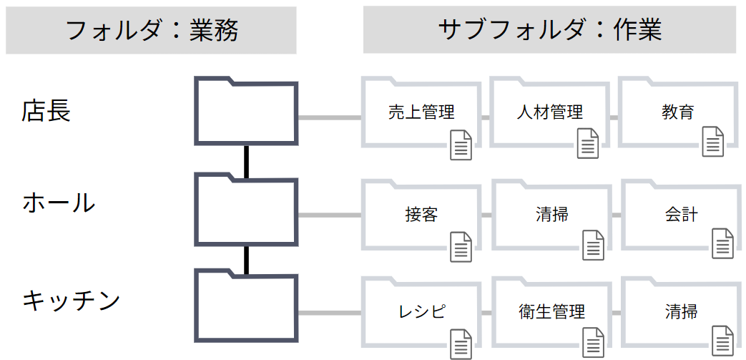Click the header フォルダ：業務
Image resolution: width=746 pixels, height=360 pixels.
(x=151, y=30)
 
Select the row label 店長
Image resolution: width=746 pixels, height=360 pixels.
(x=46, y=111)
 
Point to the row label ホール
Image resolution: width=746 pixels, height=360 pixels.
(x=59, y=203)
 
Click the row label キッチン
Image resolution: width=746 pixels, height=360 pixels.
(x=71, y=300)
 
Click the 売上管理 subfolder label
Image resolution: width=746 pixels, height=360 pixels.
(x=421, y=112)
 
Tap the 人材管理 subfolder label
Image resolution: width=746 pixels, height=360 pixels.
(x=549, y=112)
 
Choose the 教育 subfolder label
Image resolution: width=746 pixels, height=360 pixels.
(x=678, y=112)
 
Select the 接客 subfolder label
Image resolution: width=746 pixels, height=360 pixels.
(x=421, y=214)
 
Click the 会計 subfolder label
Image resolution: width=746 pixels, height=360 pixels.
(x=681, y=214)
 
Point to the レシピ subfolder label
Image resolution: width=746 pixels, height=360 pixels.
(x=421, y=311)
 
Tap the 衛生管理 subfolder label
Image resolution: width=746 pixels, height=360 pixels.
(x=551, y=311)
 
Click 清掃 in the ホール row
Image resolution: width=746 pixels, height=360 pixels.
(x=551, y=214)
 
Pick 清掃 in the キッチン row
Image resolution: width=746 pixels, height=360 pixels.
(x=681, y=311)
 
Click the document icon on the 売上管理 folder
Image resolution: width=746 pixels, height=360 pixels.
(x=461, y=145)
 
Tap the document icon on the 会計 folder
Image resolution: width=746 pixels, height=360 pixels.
(x=722, y=243)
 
